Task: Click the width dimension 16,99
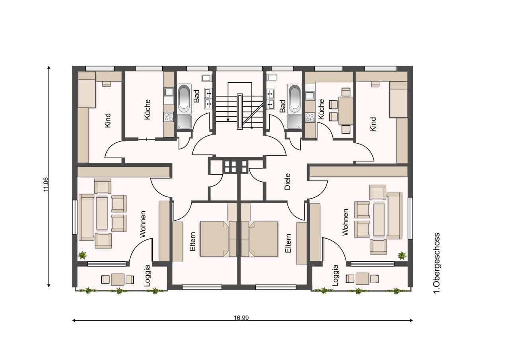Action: (241, 318)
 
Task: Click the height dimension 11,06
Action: (46, 184)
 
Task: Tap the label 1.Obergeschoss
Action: (437, 263)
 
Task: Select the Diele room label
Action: (288, 181)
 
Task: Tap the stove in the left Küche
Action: (169, 117)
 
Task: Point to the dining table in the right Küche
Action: (346, 111)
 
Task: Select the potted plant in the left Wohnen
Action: (82, 255)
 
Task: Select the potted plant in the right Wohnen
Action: (402, 256)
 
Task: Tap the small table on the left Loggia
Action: (118, 279)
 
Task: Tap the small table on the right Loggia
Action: (362, 278)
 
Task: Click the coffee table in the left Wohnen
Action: (102, 213)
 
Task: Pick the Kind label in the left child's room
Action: (107, 121)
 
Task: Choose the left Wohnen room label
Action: (143, 224)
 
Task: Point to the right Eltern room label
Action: (288, 243)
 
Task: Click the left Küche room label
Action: (147, 109)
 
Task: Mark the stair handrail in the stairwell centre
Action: (240, 111)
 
